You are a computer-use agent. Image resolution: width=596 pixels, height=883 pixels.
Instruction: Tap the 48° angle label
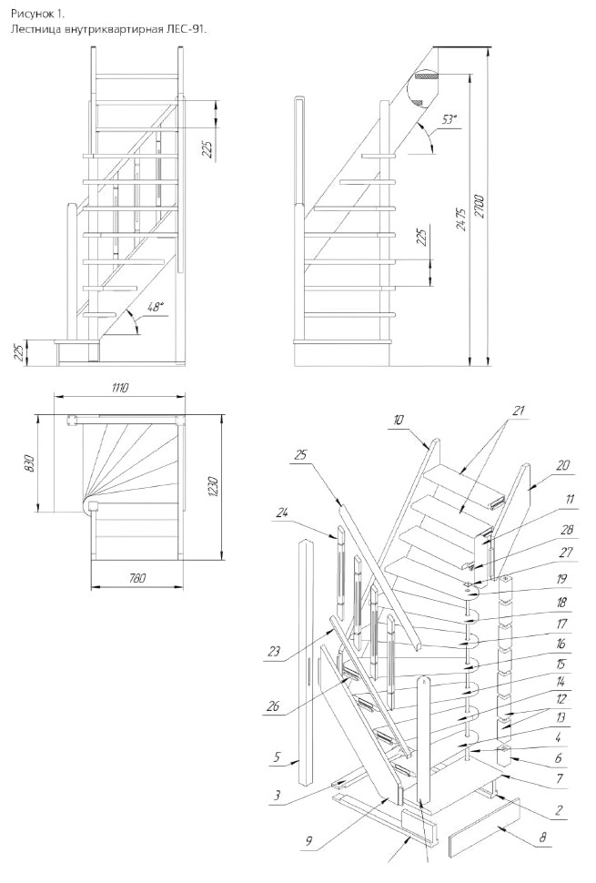tap(155, 308)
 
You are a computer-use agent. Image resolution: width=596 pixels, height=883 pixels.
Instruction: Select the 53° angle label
tap(449, 119)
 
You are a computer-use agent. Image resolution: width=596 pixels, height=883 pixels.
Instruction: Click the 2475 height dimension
tap(460, 220)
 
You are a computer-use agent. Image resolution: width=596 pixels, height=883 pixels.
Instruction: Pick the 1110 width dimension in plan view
tap(120, 388)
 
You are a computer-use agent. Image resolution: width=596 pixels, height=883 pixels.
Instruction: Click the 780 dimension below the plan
tap(136, 578)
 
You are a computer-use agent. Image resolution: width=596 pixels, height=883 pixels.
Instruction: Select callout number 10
tap(399, 420)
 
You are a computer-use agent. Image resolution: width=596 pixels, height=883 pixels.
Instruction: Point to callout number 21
tap(519, 411)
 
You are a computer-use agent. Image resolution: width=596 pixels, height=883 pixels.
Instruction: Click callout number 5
tap(277, 756)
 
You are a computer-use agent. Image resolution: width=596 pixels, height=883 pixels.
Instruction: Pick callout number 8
tap(542, 837)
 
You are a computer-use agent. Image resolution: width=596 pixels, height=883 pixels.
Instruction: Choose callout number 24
tap(282, 513)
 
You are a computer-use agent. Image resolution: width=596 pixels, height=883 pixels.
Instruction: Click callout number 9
tap(309, 842)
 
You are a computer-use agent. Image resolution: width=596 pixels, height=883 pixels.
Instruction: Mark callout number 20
tap(562, 465)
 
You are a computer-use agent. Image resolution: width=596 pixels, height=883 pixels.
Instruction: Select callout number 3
tap(277, 795)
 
